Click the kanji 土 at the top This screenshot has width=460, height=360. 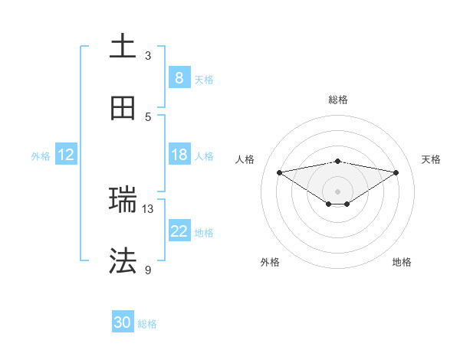point(123,46)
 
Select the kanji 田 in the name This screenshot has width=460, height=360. point(123,108)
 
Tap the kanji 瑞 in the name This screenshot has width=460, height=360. point(123,200)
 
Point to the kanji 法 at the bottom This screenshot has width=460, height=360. point(123,261)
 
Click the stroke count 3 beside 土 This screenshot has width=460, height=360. point(148,55)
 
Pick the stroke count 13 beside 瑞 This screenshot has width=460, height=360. point(148,208)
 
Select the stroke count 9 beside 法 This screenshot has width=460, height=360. point(148,270)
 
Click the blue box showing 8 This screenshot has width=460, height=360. point(179,77)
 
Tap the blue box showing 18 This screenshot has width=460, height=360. point(179,155)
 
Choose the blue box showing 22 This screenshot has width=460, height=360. point(179,231)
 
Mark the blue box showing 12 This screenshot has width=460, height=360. point(65,155)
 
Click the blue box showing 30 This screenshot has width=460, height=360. point(122,323)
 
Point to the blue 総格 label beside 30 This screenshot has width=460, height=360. point(147,324)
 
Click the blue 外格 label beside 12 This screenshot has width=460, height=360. point(41,155)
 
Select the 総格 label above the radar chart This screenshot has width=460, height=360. point(337,100)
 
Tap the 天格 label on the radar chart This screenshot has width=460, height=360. point(431,159)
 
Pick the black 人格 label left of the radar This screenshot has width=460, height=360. point(245,159)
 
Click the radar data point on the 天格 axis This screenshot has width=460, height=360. point(396,172)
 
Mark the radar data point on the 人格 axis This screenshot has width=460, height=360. point(279,172)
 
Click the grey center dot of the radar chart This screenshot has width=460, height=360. point(337,191)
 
